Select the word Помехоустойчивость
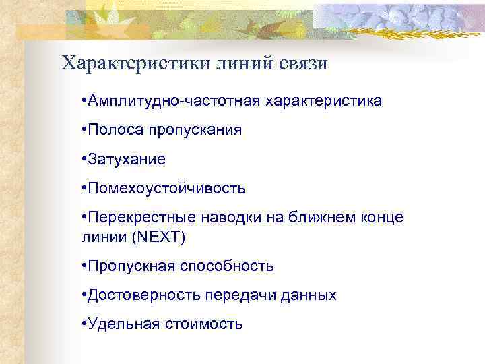(x=165, y=189)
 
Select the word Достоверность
(x=135, y=295)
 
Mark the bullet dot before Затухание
(x=82, y=160)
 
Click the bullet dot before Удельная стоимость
(x=82, y=324)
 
